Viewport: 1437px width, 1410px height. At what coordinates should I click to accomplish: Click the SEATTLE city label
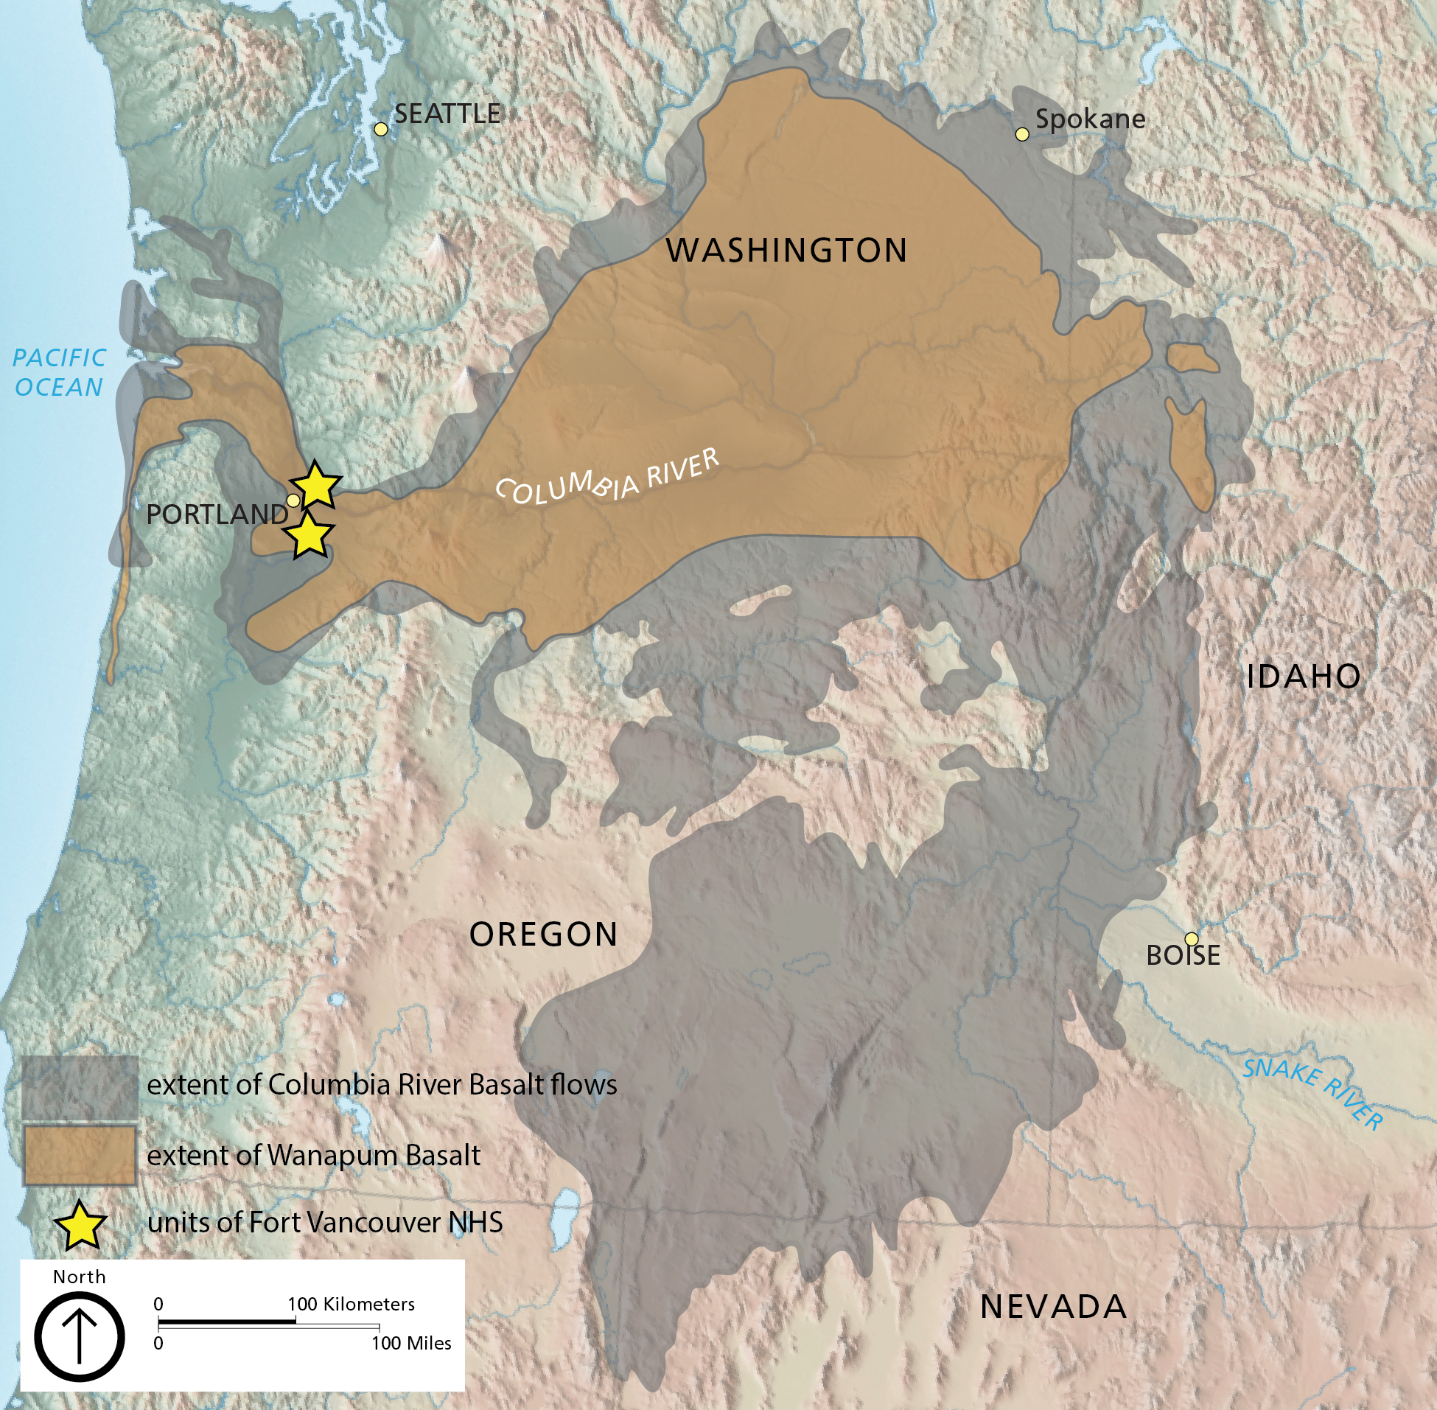(x=447, y=114)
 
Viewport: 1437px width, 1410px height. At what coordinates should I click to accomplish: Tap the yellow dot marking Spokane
(x=1021, y=134)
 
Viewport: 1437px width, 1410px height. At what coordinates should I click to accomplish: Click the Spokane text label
(x=1090, y=119)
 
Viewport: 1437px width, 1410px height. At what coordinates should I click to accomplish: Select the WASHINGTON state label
(x=786, y=251)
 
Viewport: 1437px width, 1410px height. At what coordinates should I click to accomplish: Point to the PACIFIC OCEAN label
(x=59, y=372)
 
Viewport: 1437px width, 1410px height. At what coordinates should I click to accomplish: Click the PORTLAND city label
(x=217, y=514)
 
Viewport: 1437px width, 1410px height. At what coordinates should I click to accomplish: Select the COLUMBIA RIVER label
(x=606, y=477)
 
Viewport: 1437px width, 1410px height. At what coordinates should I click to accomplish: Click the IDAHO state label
(x=1304, y=677)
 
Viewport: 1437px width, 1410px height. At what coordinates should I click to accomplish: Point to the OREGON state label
(x=544, y=935)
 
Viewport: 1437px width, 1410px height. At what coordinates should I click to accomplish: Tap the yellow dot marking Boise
(x=1191, y=939)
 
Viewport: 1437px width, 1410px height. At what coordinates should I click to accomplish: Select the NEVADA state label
(x=1054, y=1307)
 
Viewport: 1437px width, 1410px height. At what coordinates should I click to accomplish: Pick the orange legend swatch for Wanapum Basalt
(x=80, y=1156)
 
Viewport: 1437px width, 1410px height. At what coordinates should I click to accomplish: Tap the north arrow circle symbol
(x=80, y=1337)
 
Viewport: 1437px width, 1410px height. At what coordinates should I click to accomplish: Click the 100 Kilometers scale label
(x=351, y=1304)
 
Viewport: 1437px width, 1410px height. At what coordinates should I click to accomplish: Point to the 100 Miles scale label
(x=411, y=1344)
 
